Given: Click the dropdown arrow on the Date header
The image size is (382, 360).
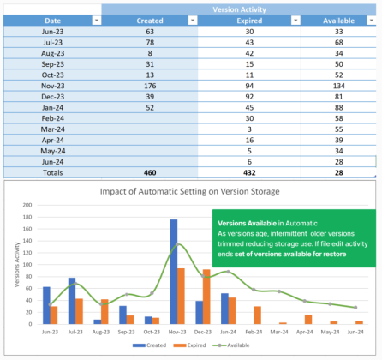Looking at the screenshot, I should coord(93,20).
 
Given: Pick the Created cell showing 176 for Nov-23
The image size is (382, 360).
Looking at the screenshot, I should coord(150,86).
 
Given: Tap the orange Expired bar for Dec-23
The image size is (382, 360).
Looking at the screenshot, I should coord(206,297).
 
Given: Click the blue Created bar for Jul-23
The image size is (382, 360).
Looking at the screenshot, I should coord(72,300).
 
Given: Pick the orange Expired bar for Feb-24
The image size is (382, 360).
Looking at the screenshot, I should coord(257,315).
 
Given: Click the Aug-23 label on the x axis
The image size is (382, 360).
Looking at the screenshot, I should coord(100,332).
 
